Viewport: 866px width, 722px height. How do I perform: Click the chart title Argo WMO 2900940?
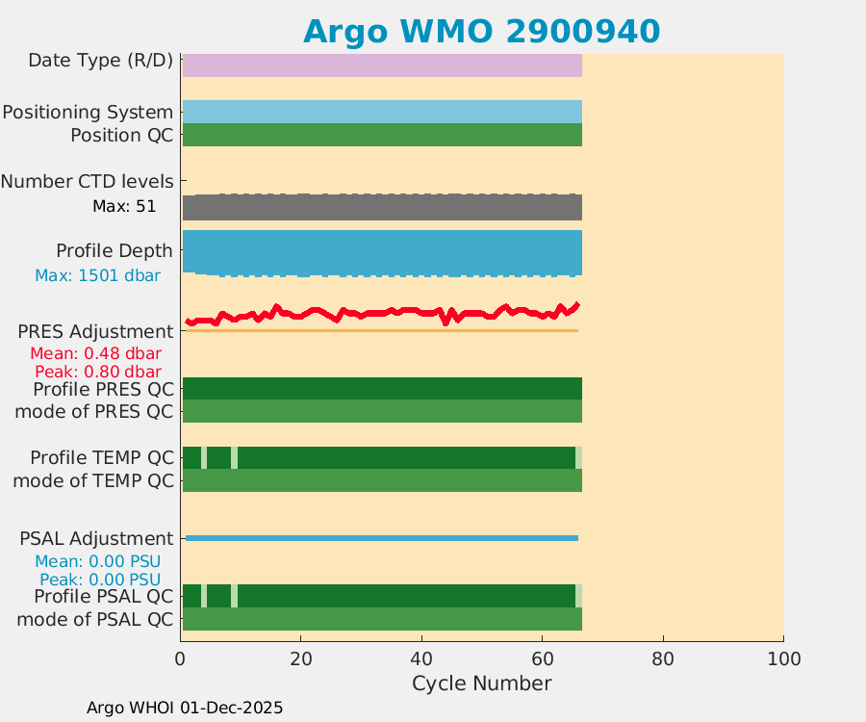tap(481, 31)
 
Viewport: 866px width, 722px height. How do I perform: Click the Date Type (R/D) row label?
tap(100, 61)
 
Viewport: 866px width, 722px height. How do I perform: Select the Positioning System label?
tap(88, 112)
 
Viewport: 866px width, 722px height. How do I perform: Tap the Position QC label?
tap(121, 135)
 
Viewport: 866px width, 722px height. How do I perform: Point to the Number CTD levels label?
tap(87, 181)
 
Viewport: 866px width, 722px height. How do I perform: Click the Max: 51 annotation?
tap(124, 206)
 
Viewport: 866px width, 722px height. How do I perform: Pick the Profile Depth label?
tap(114, 250)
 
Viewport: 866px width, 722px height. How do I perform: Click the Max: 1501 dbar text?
tap(97, 275)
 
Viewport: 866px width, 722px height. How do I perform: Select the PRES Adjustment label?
tap(95, 331)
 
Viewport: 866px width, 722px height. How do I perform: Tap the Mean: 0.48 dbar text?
tap(95, 353)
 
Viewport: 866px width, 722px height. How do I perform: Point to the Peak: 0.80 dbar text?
tap(97, 372)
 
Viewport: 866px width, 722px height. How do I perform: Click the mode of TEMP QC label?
tap(93, 480)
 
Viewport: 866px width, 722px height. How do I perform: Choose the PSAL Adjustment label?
tap(96, 538)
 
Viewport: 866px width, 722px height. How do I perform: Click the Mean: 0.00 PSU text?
tap(97, 561)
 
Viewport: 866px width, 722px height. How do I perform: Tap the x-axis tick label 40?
tap(421, 659)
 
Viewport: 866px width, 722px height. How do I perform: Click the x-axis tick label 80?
tap(662, 659)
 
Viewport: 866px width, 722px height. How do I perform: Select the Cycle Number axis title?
tap(481, 683)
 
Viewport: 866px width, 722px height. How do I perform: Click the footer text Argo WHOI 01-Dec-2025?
tap(185, 708)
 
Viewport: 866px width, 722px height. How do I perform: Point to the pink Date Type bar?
tap(382, 64)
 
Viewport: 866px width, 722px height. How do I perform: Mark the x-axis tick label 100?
tap(783, 659)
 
